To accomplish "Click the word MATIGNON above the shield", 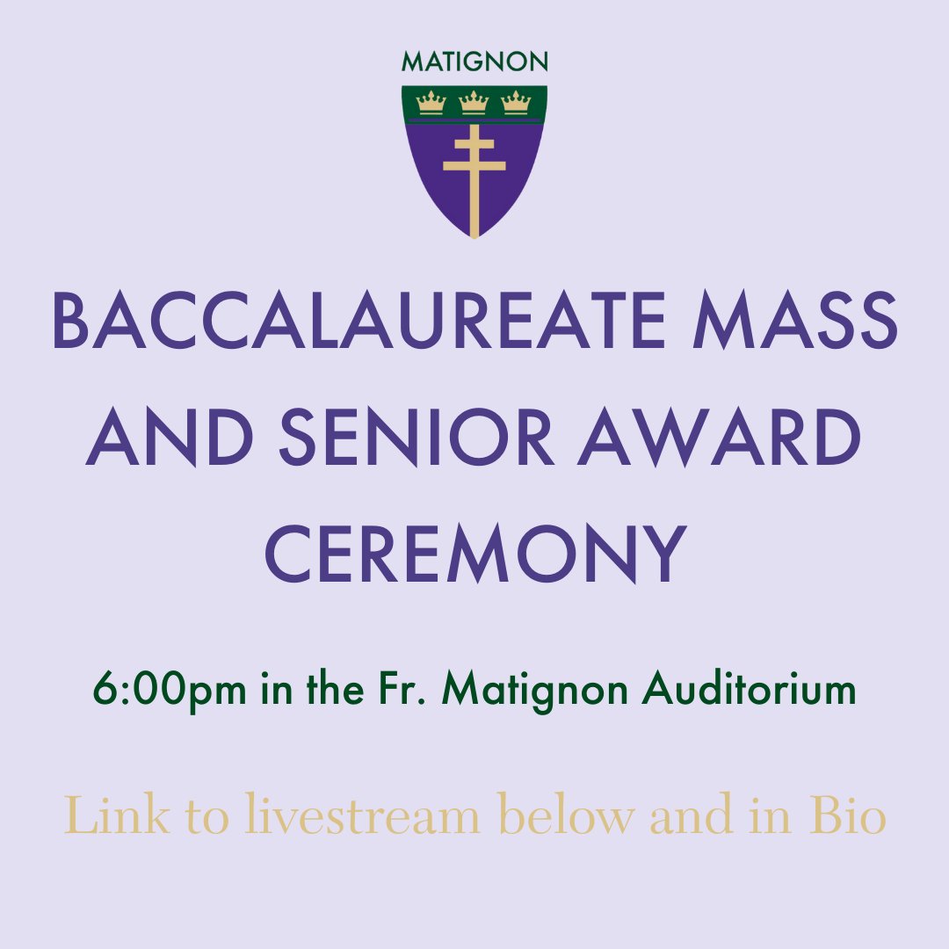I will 474,62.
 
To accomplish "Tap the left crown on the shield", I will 431,103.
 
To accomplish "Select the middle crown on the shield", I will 474,103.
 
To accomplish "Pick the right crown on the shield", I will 516,103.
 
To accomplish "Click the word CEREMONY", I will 474,555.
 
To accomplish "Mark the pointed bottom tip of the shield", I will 474,236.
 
